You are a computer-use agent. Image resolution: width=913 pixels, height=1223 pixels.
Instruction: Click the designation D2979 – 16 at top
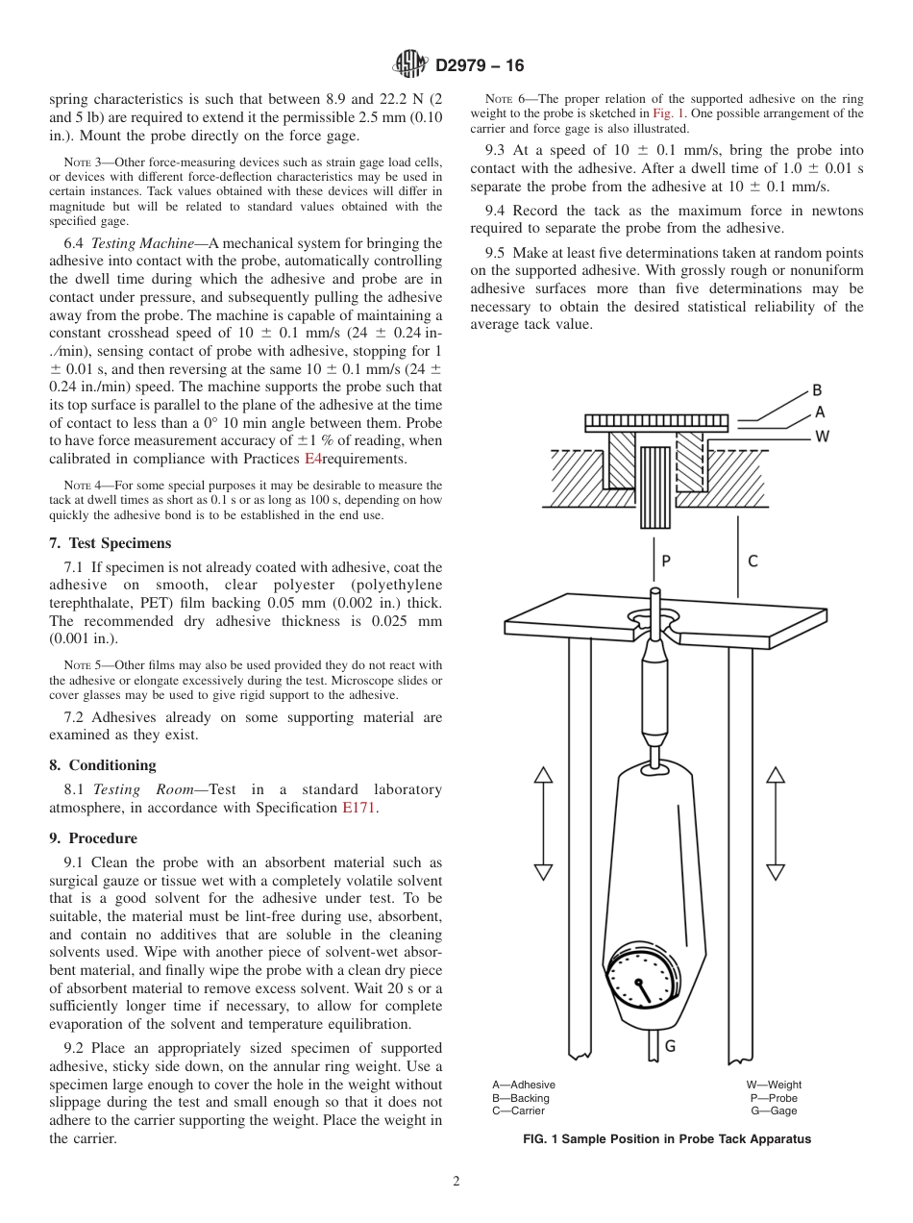pos(480,66)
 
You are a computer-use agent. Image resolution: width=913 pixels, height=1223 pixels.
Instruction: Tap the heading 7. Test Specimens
pos(110,543)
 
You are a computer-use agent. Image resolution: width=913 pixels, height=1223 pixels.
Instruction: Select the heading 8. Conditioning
pos(102,765)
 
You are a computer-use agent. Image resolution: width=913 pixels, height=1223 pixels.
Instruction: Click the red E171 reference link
pos(359,808)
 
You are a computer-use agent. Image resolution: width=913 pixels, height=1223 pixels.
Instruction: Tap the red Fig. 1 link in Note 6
pos(668,113)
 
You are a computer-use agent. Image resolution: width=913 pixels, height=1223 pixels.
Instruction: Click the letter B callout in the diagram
pos(817,390)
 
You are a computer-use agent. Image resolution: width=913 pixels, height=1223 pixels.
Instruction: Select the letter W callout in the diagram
pos(822,436)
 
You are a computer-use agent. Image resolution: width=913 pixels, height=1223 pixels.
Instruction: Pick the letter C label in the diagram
pos(752,562)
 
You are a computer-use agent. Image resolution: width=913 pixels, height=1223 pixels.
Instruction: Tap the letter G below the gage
pos(670,1045)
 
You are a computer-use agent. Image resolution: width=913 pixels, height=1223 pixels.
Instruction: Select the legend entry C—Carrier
pos(518,1111)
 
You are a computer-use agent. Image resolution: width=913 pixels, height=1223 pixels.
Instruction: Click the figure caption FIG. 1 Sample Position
pos(666,1138)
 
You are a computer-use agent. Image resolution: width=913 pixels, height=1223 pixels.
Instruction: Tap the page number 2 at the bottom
pos(456,1182)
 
